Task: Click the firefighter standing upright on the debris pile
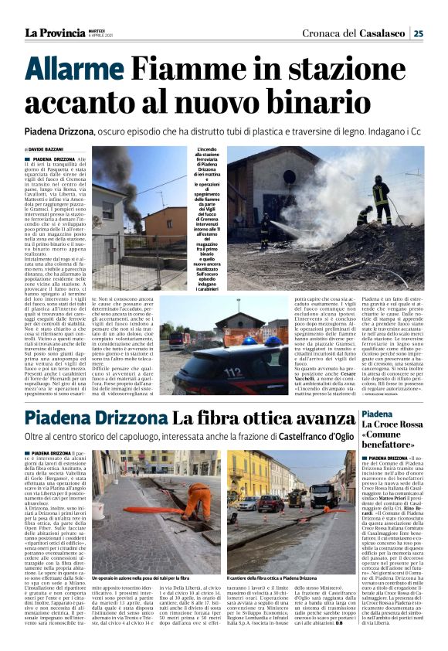click(x=381, y=199)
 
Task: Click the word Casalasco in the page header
click(x=382, y=32)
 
